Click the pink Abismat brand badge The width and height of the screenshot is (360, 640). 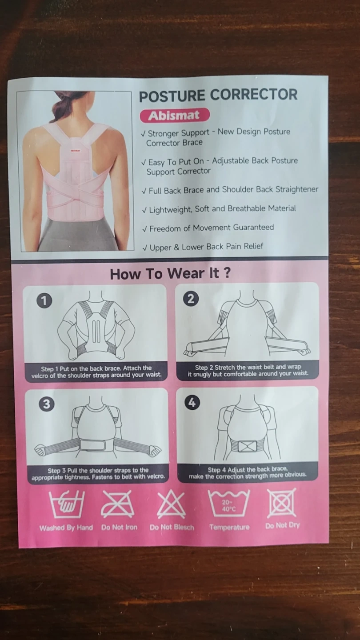[175, 115]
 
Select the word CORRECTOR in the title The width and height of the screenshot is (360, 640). [254, 95]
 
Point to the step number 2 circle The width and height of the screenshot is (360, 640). [191, 299]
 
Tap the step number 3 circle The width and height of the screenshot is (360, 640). [47, 404]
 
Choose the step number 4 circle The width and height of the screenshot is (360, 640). [192, 403]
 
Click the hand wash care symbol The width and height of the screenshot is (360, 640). [67, 504]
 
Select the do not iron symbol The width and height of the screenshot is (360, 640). [117, 504]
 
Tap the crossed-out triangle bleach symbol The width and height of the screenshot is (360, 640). [172, 504]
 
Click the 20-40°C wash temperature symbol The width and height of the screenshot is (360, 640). [228, 504]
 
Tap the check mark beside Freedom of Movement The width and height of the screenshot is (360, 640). [145, 229]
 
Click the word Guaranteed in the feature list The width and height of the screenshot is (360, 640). [253, 228]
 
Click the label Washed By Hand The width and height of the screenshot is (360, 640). [66, 528]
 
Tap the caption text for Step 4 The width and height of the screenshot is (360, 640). [248, 472]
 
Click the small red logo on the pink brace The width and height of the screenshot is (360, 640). [76, 150]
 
